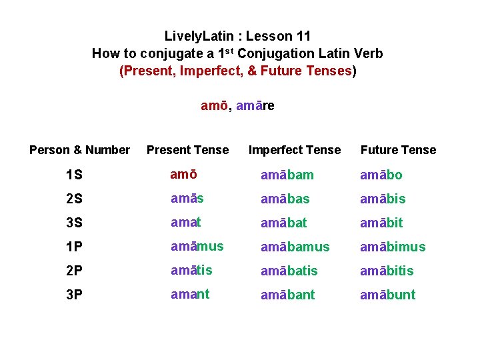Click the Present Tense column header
[x=187, y=150]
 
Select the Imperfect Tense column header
[x=294, y=150]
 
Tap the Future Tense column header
[x=398, y=150]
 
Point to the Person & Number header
[x=79, y=150]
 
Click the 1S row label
[x=75, y=175]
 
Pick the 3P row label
[x=75, y=295]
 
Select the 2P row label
[x=75, y=271]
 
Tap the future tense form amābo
[x=381, y=175]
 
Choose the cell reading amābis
[x=383, y=199]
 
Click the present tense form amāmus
[x=197, y=246]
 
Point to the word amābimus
[x=393, y=247]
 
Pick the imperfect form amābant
[x=288, y=295]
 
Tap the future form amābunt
[x=387, y=295]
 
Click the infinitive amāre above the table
[x=255, y=105]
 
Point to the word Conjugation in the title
[x=273, y=53]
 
